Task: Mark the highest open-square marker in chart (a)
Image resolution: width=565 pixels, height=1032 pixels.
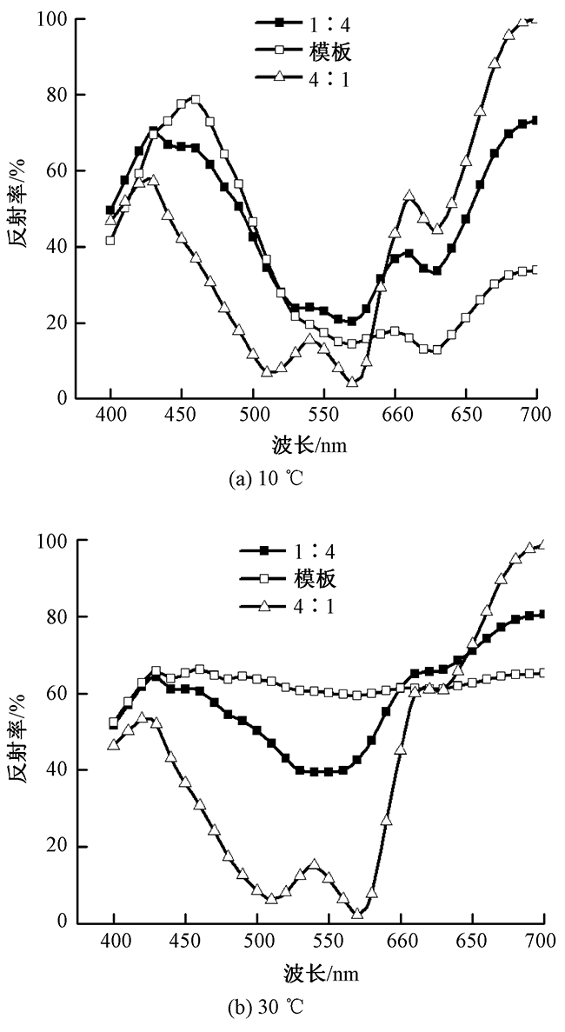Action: (196, 100)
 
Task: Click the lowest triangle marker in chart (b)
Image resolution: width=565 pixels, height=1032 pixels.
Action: (357, 913)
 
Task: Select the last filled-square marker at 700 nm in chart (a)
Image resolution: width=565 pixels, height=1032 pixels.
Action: (535, 121)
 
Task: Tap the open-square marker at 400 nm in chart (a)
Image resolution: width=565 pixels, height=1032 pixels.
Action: (110, 240)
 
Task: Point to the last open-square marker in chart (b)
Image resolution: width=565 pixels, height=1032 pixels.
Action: (542, 673)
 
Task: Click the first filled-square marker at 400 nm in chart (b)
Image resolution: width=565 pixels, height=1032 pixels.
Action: (114, 724)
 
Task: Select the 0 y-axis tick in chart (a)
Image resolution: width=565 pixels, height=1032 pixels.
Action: (61, 399)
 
